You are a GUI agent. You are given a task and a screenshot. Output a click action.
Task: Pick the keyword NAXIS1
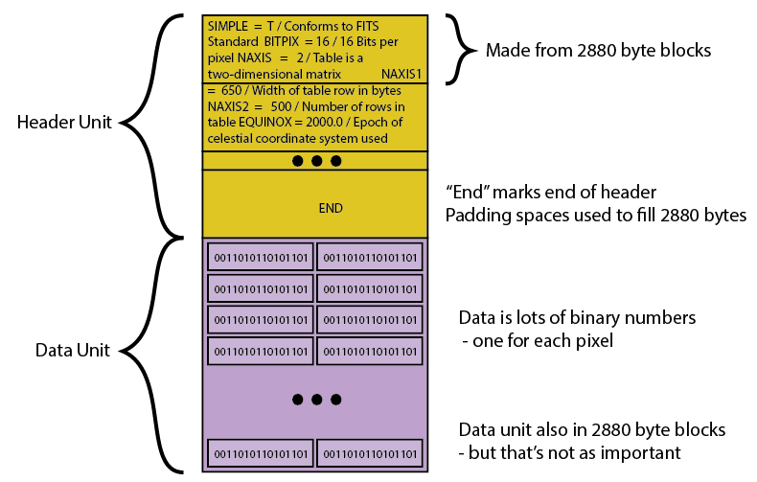[401, 73]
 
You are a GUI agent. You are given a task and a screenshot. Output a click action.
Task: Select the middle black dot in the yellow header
[316, 161]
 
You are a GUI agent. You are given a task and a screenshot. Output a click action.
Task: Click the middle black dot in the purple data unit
[316, 399]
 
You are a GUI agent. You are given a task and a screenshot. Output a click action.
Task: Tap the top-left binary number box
[261, 257]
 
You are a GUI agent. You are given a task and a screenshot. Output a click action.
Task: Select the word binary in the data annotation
[608, 316]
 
